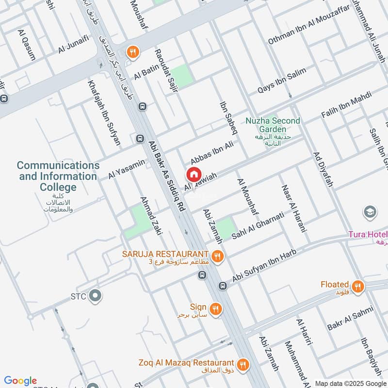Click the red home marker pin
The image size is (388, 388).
pos(193,174)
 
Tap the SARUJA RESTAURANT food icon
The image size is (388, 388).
pos(217,255)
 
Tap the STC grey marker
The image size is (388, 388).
pos(95,295)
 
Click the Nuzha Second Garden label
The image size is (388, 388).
pos(273,125)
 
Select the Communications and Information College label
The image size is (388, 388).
pos(58,176)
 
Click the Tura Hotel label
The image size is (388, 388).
pos(368,235)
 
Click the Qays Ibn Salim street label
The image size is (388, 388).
pos(282,80)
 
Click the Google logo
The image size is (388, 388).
pos(20,380)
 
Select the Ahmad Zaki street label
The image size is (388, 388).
pos(151,216)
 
